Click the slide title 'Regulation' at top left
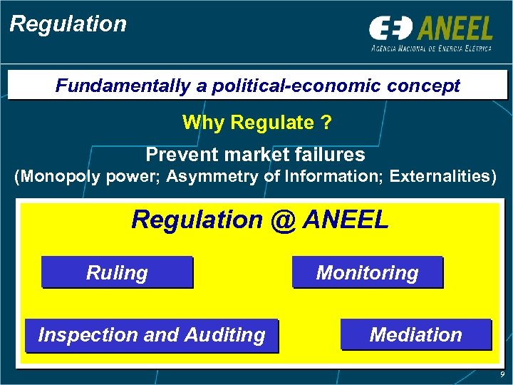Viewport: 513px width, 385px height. coord(68,24)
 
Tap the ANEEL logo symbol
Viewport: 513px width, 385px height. coord(390,29)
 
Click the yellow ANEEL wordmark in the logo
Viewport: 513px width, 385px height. coord(455,29)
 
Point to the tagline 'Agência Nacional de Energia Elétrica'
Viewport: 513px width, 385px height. coord(431,48)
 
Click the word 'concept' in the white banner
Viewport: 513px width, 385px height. coord(426,86)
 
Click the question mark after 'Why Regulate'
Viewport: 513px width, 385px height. coord(326,123)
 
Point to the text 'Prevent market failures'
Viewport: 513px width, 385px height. coord(255,154)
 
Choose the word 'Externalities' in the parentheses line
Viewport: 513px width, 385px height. coord(439,177)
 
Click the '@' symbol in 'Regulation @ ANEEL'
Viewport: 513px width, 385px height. coord(282,220)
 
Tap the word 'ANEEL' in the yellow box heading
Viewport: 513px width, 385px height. coord(346,220)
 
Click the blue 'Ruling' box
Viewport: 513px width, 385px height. coord(117,272)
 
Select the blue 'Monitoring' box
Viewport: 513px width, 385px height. coord(367,272)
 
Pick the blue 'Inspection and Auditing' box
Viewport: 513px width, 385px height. coord(151,335)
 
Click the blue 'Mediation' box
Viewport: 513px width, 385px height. coord(415,335)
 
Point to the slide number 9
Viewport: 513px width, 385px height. coord(502,374)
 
